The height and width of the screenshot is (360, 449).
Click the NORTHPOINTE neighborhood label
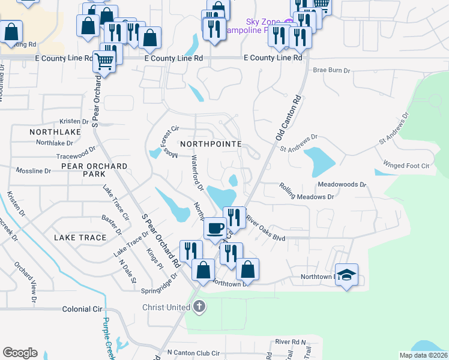tap(210, 144)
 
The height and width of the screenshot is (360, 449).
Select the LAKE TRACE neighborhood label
tap(80, 238)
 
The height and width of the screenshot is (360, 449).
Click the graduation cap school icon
tap(346, 275)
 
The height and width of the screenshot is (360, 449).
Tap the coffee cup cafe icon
tap(215, 229)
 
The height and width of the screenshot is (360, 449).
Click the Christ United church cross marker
tap(199, 307)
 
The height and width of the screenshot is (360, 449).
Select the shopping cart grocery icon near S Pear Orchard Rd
tap(104, 60)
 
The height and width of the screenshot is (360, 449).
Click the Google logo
tap(20, 353)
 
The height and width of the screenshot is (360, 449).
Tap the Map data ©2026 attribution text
tap(424, 355)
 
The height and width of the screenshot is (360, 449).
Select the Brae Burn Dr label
tap(331, 70)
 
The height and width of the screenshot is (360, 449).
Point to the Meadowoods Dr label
tap(342, 185)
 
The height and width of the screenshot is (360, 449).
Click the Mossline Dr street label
tap(34, 171)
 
